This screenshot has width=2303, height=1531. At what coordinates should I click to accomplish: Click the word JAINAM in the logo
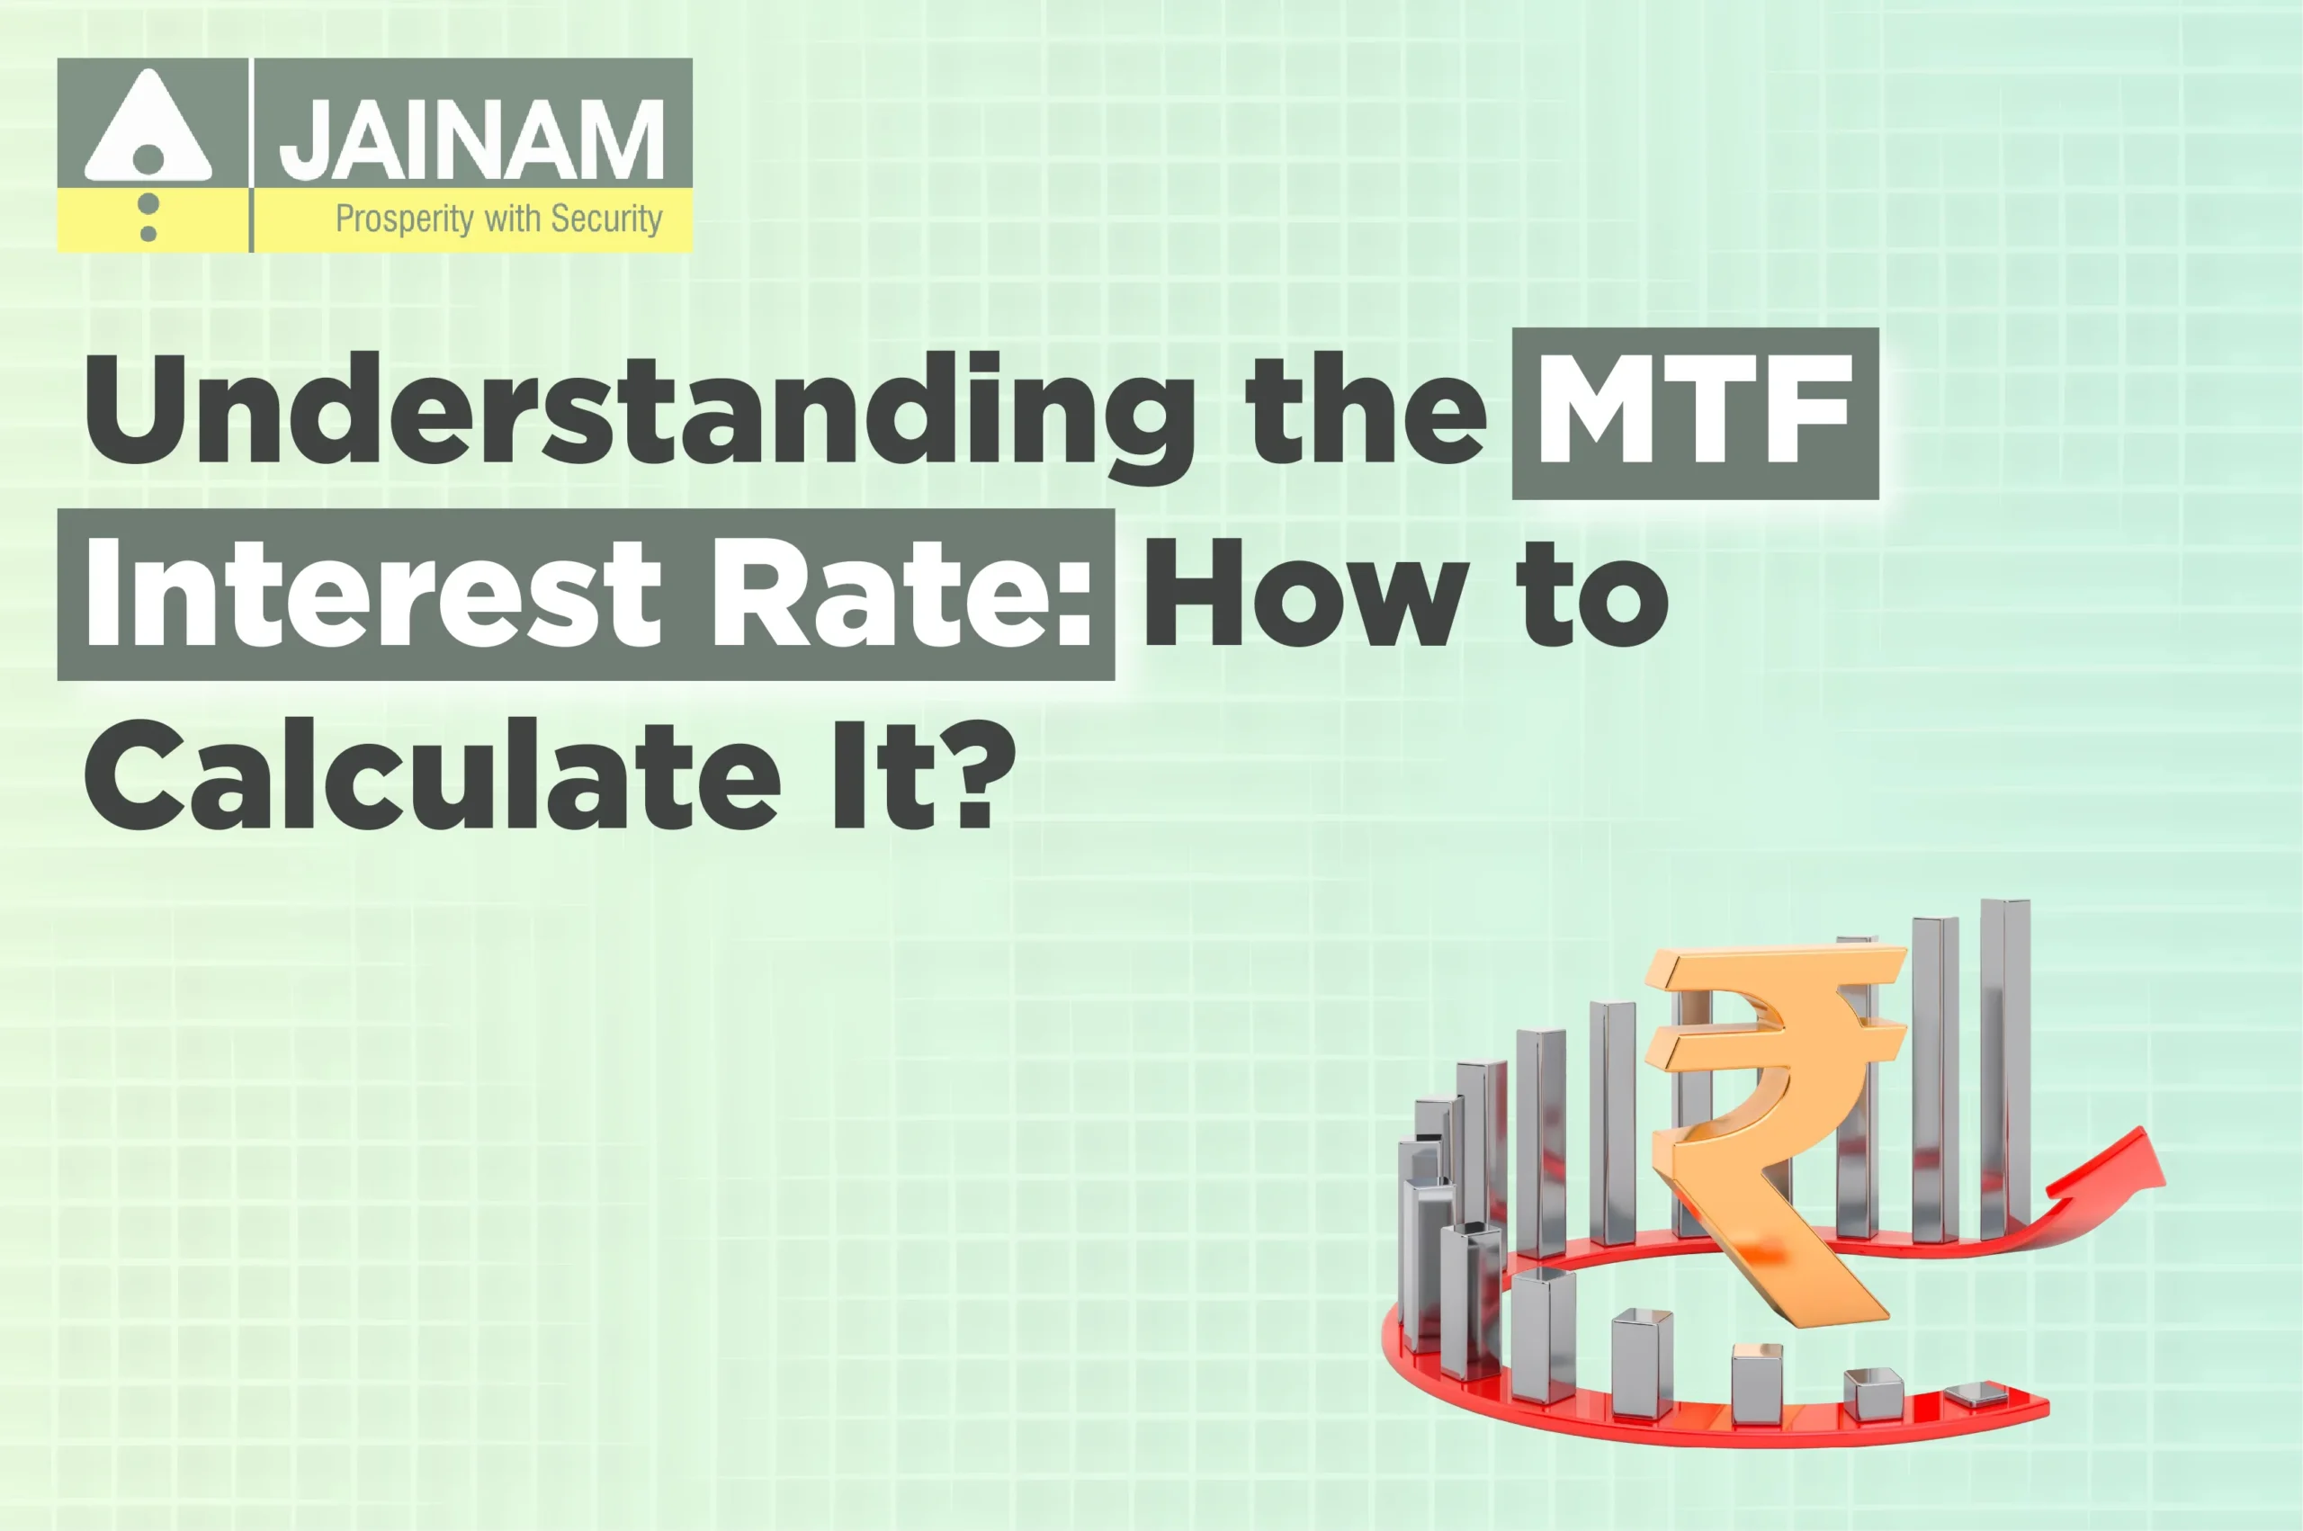point(471,139)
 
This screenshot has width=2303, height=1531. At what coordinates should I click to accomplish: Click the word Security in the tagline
point(606,219)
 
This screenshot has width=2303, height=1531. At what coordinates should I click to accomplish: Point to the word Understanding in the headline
point(641,411)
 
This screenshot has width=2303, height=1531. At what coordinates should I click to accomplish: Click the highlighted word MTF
point(1695,411)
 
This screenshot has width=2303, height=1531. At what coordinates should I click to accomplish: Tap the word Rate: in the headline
point(899,594)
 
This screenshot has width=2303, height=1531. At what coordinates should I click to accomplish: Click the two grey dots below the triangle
point(148,218)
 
